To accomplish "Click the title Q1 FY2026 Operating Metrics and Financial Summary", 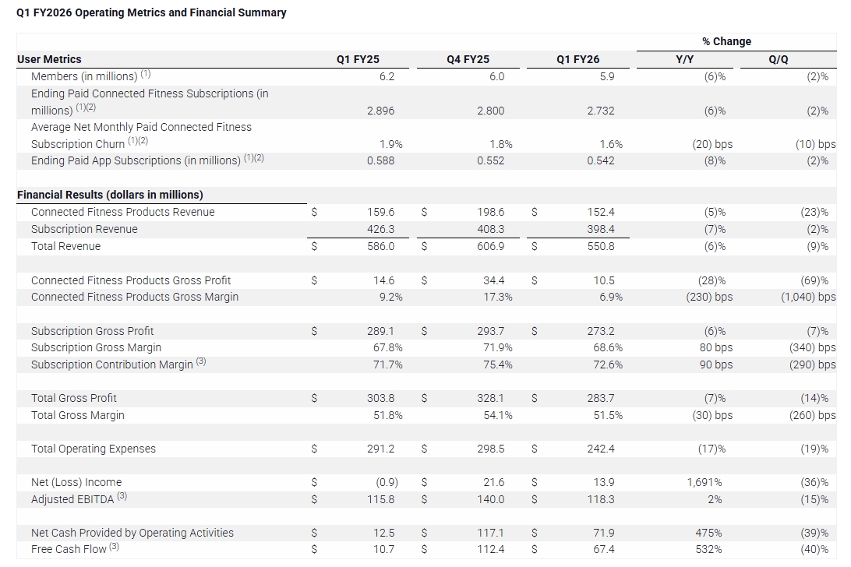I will [151, 12].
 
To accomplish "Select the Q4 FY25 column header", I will [468, 59].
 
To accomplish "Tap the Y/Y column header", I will [684, 59].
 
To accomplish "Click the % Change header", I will [726, 41].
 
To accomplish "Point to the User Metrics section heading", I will [49, 59].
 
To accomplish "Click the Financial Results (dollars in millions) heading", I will [110, 195].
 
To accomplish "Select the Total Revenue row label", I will [65, 246].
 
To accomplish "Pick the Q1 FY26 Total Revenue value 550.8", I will [600, 246].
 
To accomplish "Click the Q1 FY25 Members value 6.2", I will [387, 76].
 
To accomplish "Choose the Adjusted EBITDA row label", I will [75, 499].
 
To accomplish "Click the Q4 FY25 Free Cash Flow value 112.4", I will [490, 549].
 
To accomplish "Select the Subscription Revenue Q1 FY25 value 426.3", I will [380, 229].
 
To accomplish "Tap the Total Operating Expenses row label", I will [93, 449].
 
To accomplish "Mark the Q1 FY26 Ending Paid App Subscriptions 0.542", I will [600, 160].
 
